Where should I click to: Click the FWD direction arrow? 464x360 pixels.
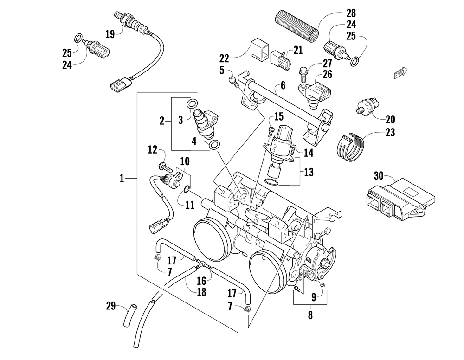401,73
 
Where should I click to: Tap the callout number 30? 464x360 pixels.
379,176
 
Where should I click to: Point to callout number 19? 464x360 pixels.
110,34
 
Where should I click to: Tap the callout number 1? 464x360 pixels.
122,178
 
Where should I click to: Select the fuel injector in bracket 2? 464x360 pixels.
206,124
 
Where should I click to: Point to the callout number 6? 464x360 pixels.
283,85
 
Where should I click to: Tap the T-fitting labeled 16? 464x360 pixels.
203,264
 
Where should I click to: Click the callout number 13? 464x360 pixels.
309,172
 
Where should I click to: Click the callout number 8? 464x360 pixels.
310,315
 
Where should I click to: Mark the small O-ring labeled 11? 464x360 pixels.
187,189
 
